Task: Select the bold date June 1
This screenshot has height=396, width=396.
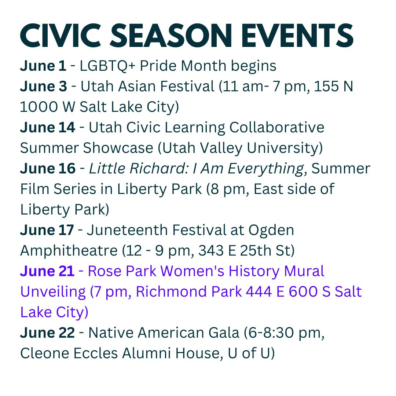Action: click(x=43, y=66)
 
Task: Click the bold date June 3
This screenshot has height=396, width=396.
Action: click(x=44, y=87)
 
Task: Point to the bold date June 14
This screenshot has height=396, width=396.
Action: click(x=48, y=128)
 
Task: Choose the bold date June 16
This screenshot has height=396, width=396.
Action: click(x=48, y=169)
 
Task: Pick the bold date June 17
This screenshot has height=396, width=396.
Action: click(x=47, y=230)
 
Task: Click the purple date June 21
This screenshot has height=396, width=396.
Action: click(x=47, y=271)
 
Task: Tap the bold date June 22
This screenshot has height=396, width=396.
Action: click(x=48, y=333)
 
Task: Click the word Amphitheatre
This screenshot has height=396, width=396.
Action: click(x=69, y=251)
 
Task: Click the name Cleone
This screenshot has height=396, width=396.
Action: click(x=45, y=353)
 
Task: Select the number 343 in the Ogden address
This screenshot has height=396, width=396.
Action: click(x=212, y=251)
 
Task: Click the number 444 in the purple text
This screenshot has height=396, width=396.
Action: click(x=260, y=292)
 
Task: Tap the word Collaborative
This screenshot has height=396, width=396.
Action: click(x=277, y=128)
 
